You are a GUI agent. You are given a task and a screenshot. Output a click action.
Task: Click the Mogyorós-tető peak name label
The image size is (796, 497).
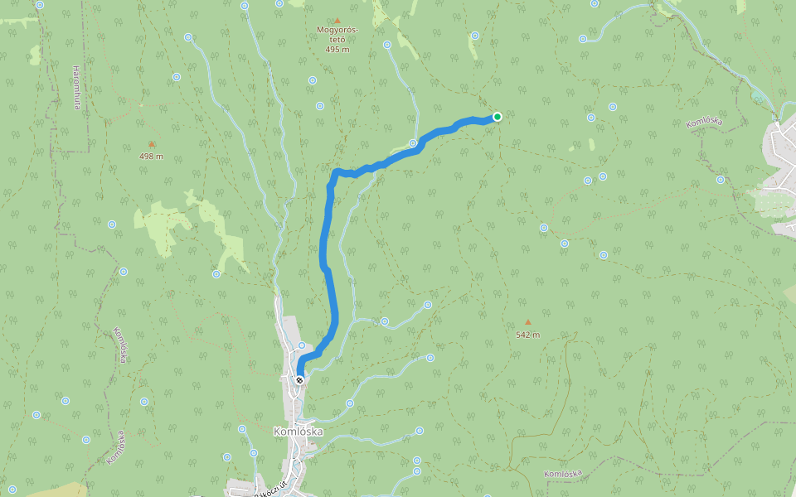click(x=337, y=34)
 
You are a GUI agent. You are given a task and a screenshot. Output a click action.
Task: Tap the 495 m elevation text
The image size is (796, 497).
click(x=337, y=50)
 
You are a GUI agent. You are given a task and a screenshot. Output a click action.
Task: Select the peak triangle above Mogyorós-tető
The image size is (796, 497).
click(x=337, y=21)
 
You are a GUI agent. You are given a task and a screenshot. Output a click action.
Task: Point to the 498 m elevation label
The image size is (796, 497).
click(x=151, y=157)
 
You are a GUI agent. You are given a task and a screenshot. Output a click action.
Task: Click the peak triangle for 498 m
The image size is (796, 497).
click(x=151, y=144)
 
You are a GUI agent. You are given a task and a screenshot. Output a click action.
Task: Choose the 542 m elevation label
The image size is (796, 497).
click(x=527, y=335)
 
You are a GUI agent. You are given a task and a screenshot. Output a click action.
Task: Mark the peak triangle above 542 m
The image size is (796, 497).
click(x=527, y=322)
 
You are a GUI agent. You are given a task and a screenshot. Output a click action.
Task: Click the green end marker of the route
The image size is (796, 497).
click(x=497, y=117)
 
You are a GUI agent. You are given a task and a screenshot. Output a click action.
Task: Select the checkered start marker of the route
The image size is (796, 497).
click(x=299, y=380)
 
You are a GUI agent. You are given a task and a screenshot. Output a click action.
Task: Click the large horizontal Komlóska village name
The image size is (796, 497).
click(x=298, y=432)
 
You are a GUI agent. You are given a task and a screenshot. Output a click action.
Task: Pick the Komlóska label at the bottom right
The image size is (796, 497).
click(x=563, y=474)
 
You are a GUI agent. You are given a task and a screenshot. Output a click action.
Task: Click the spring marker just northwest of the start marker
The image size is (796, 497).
click(x=302, y=345)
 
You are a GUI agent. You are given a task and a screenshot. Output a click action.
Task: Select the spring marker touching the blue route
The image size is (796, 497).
click(x=412, y=143)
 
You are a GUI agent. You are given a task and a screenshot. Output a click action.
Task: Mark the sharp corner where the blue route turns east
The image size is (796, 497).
click(x=335, y=172)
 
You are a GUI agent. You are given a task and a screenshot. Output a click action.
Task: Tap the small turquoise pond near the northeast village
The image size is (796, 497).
click(x=759, y=97)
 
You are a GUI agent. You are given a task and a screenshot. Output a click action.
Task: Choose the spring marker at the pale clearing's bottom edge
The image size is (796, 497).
click(x=216, y=273)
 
